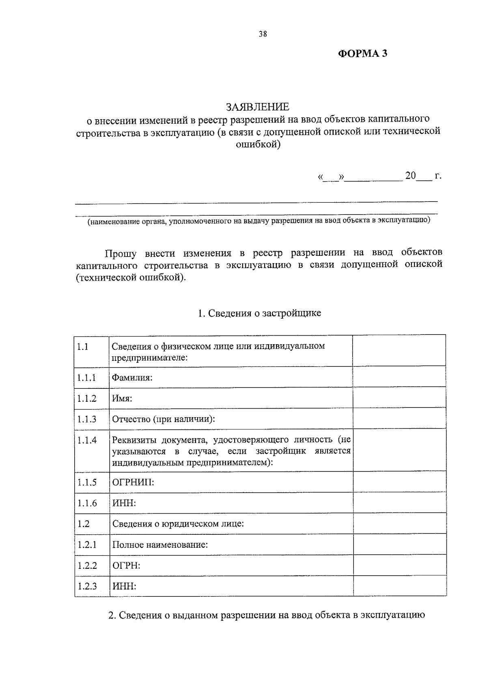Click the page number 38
click(263, 34)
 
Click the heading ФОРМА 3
click(363, 54)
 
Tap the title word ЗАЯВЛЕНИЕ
click(258, 107)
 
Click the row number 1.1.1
click(86, 378)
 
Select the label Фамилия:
click(132, 378)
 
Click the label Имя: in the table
click(122, 399)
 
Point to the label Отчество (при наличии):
click(163, 419)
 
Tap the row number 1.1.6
click(87, 503)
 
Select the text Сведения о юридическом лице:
click(178, 524)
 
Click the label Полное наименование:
click(160, 544)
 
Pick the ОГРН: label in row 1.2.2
click(126, 565)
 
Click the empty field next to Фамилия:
click(399, 377)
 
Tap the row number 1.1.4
click(87, 440)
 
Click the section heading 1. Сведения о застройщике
click(259, 313)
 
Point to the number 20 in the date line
click(410, 176)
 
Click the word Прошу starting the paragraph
click(121, 254)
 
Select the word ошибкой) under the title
click(258, 144)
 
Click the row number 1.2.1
click(87, 544)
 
